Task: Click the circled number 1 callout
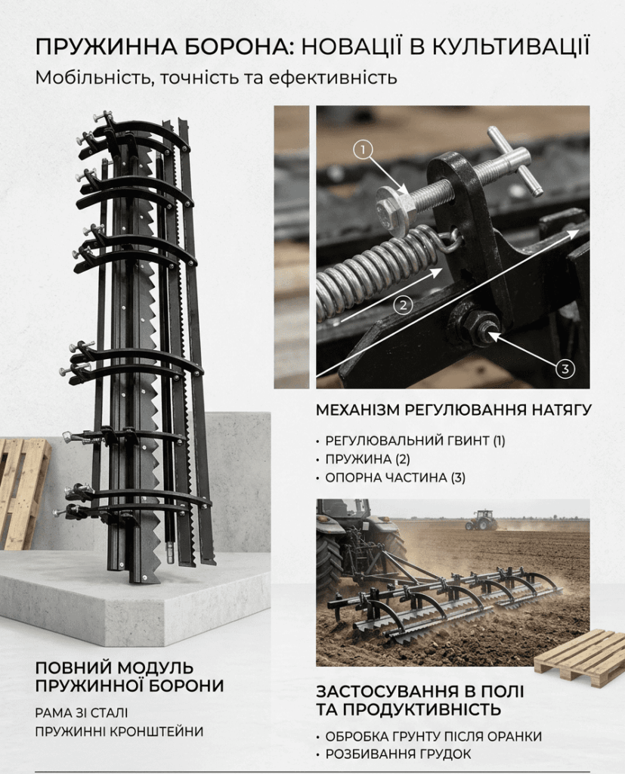364,149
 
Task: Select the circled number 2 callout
404,305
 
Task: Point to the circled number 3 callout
565,368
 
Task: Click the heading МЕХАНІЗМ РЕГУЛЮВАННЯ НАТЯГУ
453,410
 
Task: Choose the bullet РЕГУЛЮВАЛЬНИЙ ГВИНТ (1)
415,441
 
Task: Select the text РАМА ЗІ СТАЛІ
82,713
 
